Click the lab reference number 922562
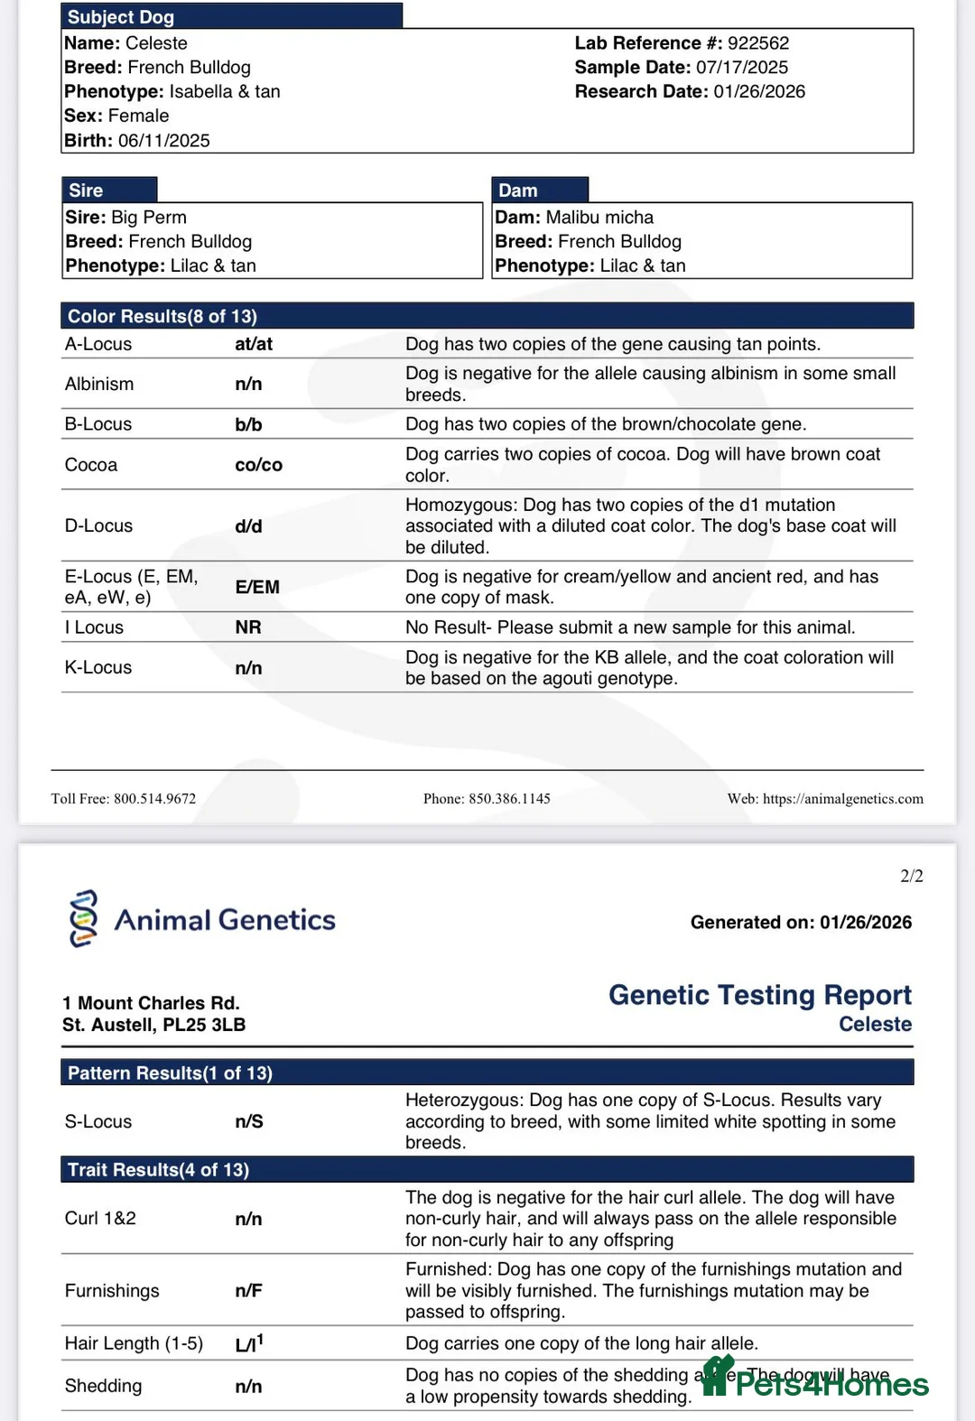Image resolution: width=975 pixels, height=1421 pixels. tap(758, 43)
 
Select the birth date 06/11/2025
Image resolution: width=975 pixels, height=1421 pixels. tap(163, 141)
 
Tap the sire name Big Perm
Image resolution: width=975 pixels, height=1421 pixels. tap(149, 218)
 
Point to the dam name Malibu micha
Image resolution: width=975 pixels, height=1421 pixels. tap(599, 218)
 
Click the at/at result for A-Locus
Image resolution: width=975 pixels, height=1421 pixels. tap(254, 344)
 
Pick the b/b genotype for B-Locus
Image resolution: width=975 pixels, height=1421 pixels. tap(248, 424)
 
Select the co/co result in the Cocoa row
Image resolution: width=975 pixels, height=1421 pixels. tap(258, 465)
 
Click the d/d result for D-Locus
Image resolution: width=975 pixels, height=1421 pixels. tap(248, 526)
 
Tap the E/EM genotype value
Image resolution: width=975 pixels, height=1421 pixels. tap(257, 587)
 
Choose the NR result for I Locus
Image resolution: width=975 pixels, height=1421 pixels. tap(248, 627)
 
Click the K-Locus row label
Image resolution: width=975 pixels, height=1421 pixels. tap(98, 668)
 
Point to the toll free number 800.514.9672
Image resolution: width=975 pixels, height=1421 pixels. tap(154, 799)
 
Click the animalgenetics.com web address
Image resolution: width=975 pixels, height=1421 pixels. tap(842, 799)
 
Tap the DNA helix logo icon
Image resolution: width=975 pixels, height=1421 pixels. tap(83, 919)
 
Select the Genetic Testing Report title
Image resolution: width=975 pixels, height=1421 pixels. tap(759, 995)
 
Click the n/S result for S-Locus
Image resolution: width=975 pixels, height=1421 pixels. tap(249, 1122)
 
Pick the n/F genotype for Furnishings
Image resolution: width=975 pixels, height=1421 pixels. tap(248, 1291)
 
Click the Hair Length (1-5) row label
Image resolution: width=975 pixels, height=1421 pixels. tap(134, 1344)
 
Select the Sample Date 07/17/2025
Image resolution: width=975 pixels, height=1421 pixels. tap(741, 68)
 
